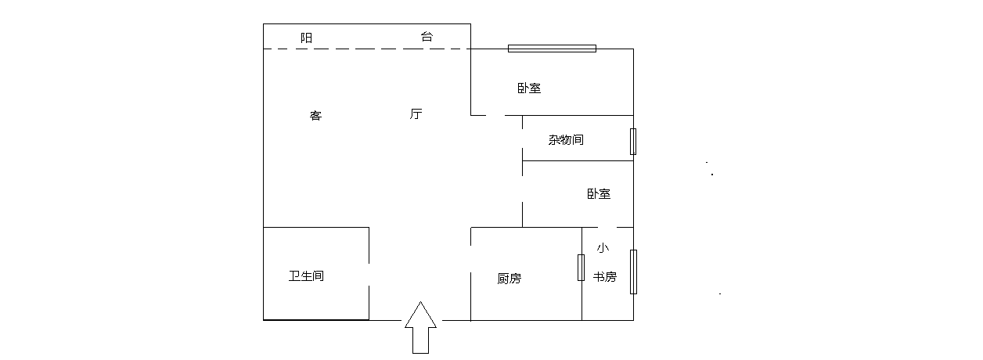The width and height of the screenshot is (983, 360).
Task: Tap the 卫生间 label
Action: click(x=307, y=276)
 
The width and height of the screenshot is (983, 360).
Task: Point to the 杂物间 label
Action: click(x=566, y=140)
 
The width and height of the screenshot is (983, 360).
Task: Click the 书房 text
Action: click(x=604, y=277)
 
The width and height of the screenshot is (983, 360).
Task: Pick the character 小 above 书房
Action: click(x=603, y=248)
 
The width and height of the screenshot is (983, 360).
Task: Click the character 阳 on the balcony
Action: click(x=307, y=37)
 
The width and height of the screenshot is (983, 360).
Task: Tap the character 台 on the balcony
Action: click(x=427, y=37)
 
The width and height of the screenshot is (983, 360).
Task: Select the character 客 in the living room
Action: click(x=316, y=116)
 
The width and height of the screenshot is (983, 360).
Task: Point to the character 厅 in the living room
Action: click(x=416, y=114)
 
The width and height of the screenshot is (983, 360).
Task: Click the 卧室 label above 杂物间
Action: click(x=529, y=88)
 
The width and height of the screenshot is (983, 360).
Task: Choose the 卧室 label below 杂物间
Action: click(x=599, y=193)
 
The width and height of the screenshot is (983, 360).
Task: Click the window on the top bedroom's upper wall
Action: click(x=552, y=49)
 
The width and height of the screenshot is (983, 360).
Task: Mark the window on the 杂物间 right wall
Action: click(x=633, y=142)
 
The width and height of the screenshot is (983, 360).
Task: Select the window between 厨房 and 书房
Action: click(x=581, y=268)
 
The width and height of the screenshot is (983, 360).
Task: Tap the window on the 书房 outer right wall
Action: click(x=633, y=272)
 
